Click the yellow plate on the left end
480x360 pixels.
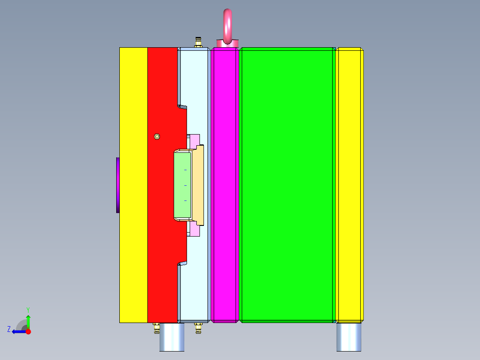[x=133, y=185]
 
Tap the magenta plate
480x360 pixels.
[x=225, y=185]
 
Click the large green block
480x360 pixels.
[x=286, y=185]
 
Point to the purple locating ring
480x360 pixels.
[x=118, y=185]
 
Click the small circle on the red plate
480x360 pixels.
[x=157, y=136]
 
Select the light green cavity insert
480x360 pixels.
[x=182, y=185]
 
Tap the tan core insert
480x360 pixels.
[x=198, y=185]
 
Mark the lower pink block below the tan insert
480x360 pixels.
[x=194, y=230]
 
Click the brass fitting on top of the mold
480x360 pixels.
[x=198, y=43]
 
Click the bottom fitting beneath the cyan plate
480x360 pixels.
[x=198, y=328]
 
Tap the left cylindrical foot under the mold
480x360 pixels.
[x=172, y=337]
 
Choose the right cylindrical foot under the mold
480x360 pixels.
[x=349, y=337]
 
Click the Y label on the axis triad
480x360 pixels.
[x=28, y=309]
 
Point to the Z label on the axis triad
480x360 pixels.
[x=9, y=329]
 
